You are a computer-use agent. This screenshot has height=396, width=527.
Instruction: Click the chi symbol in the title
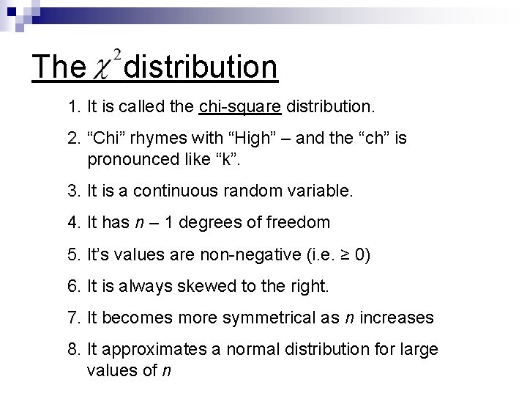click(105, 71)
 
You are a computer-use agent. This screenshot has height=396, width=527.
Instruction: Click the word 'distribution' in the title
click(201, 67)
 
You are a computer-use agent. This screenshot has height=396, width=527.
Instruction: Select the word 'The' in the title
click(59, 67)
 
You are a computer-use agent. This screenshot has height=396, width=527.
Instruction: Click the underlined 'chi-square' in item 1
click(240, 107)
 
